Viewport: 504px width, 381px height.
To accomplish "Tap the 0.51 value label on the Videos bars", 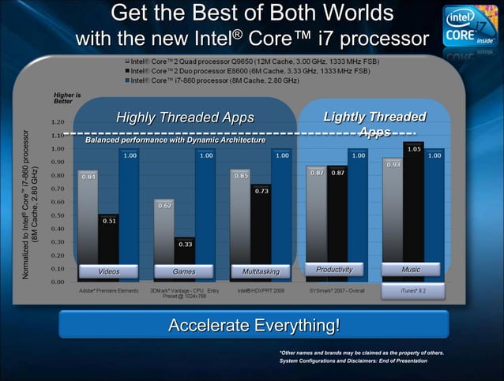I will [x=109, y=220].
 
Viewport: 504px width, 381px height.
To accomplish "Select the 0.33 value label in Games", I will [x=185, y=244].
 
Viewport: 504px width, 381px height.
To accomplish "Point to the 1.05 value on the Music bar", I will [x=413, y=148].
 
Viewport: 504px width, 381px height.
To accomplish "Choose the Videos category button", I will [x=109, y=271].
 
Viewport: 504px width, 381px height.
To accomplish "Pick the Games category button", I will [x=185, y=271].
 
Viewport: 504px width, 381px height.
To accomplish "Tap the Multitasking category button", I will [x=261, y=271].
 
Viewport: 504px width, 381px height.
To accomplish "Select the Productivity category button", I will [x=335, y=270].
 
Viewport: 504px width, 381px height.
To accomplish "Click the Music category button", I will [x=411, y=270].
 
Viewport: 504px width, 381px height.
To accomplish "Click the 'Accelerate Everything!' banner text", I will [x=254, y=326].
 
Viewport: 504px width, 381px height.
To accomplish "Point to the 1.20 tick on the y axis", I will [x=58, y=121].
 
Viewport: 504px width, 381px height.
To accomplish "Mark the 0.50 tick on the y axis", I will [x=58, y=215].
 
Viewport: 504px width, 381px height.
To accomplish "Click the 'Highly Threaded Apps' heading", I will [x=185, y=118].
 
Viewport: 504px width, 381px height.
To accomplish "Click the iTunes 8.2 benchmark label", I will [x=411, y=291].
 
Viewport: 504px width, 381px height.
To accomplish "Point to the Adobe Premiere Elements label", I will [x=109, y=290].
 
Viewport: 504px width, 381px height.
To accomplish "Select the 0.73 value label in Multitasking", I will [x=261, y=191].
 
